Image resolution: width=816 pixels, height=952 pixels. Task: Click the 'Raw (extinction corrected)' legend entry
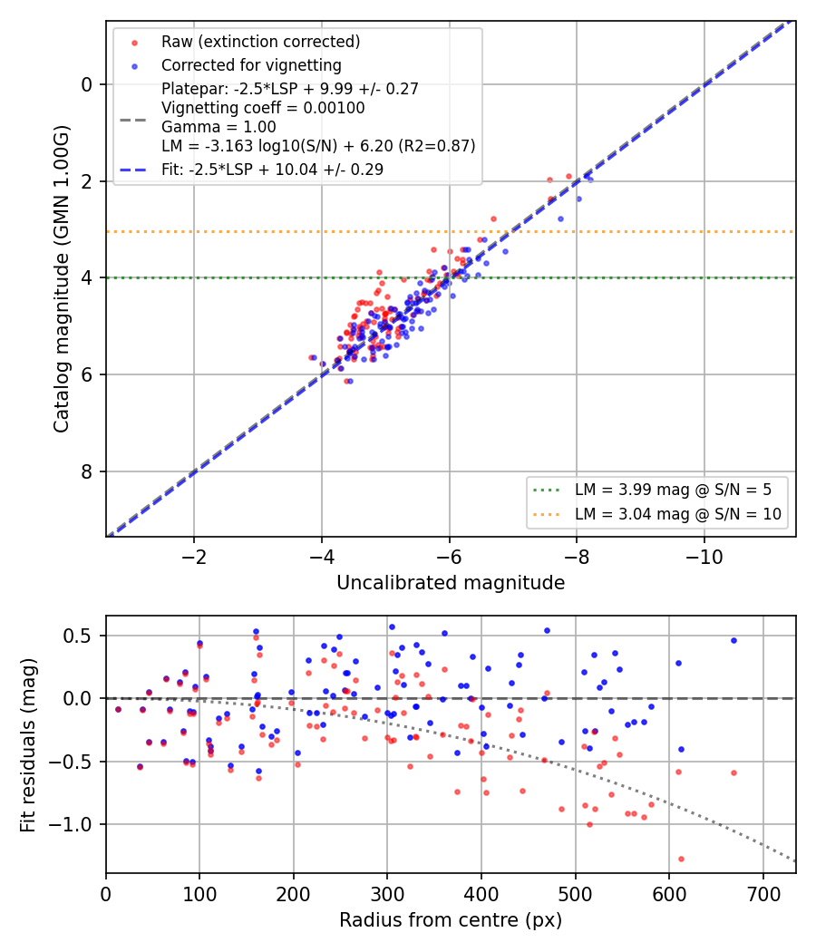click(260, 42)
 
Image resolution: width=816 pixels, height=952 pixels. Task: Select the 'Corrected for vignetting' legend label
click(251, 65)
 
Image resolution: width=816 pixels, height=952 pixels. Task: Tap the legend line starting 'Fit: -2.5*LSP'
click(273, 170)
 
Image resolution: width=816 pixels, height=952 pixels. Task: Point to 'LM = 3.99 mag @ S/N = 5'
click(674, 490)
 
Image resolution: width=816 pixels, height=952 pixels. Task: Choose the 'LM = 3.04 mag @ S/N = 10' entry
click(678, 514)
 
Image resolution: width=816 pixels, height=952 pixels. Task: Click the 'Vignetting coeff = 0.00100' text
click(263, 108)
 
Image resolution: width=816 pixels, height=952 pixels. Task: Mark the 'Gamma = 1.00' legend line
click(219, 127)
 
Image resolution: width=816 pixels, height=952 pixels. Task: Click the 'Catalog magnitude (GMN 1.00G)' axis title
click(62, 279)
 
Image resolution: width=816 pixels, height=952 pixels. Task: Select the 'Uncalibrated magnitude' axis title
click(451, 583)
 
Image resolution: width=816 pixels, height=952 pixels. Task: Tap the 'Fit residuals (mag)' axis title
click(28, 745)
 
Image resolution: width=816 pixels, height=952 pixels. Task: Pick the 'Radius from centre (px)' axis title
click(451, 920)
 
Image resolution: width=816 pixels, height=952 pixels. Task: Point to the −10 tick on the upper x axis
click(704, 557)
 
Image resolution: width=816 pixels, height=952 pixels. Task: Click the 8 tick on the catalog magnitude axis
click(87, 471)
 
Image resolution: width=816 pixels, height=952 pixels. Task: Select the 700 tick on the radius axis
click(763, 894)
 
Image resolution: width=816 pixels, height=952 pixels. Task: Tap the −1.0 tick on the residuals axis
click(71, 824)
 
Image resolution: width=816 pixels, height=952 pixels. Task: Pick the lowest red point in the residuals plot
click(681, 860)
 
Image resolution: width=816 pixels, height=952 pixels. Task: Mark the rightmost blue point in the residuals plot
click(734, 640)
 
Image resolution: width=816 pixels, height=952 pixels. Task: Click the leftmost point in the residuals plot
click(119, 709)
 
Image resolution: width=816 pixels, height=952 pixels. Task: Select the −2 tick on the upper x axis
click(194, 557)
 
